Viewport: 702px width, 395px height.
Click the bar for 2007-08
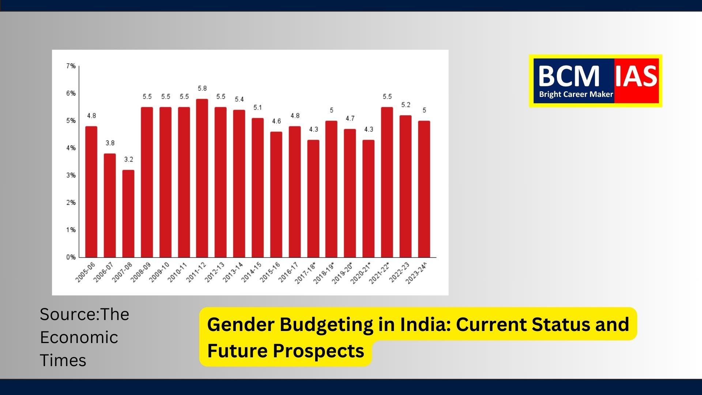click(128, 214)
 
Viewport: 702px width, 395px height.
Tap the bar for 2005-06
click(91, 192)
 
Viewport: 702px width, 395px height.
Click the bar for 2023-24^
click(424, 189)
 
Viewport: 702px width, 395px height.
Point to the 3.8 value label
click(110, 143)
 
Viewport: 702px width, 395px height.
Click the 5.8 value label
click(202, 89)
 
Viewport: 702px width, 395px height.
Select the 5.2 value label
click(405, 105)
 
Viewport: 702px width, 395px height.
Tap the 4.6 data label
click(276, 121)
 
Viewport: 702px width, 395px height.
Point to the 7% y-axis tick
click(71, 66)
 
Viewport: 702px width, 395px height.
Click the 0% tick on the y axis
click(71, 257)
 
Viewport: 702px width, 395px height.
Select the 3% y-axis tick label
click(71, 175)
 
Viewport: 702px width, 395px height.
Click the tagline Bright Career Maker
click(576, 94)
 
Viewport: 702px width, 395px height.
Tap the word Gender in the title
click(240, 324)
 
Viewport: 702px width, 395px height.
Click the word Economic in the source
click(79, 337)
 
